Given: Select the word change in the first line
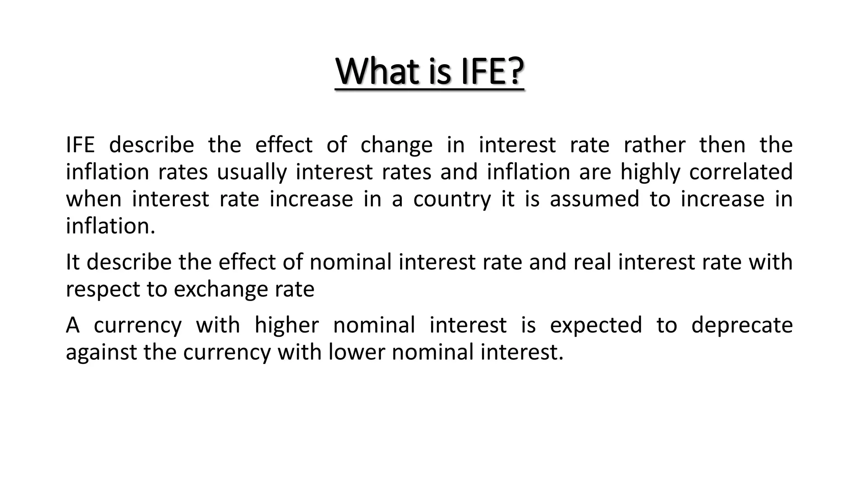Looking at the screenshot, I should (396, 145).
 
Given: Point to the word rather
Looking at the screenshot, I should (654, 145).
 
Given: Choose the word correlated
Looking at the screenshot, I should (741, 172).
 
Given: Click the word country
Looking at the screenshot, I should (452, 199).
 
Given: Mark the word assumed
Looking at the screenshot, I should (594, 199).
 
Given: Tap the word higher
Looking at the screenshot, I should (287, 325).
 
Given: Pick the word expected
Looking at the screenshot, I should (596, 325).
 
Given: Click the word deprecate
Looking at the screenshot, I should (742, 325).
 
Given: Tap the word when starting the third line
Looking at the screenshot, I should (94, 199).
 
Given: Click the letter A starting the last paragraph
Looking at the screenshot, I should (73, 325).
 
